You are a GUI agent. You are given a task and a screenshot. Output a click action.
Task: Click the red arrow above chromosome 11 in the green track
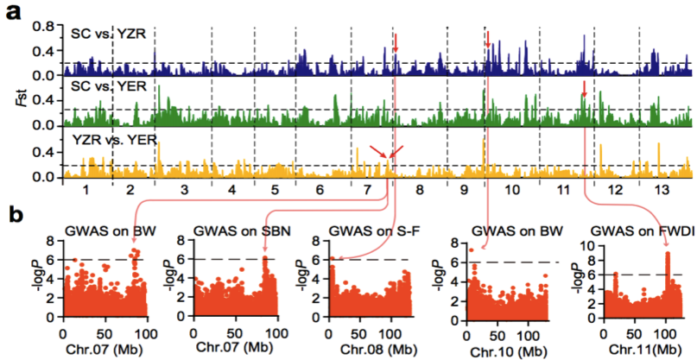point(584,87)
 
